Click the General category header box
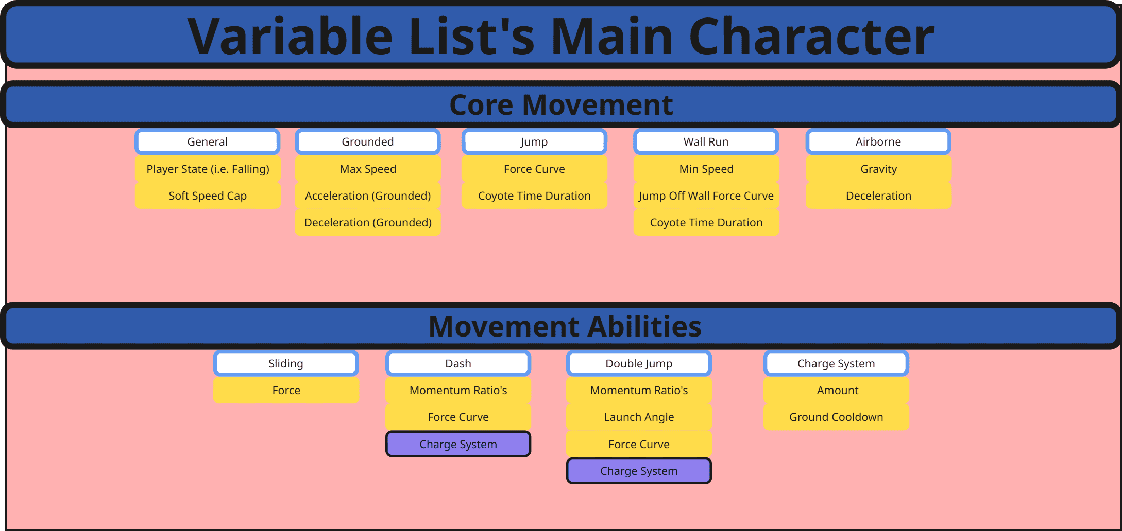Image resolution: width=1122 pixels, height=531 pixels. pyautogui.click(x=207, y=141)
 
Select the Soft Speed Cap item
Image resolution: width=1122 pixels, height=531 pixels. pyautogui.click(x=207, y=196)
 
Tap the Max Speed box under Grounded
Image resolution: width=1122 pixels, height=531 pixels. pyautogui.click(x=368, y=169)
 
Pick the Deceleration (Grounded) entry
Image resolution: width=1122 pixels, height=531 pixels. pyautogui.click(x=368, y=222)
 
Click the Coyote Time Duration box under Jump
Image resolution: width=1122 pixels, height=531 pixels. pyautogui.click(x=534, y=196)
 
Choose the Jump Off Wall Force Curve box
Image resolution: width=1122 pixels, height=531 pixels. pyautogui.click(x=706, y=196)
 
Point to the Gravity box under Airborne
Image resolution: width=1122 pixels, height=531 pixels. pyautogui.click(x=878, y=169)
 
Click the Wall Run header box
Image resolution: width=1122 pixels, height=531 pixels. pyautogui.click(x=706, y=141)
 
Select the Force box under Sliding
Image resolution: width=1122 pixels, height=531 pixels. pyautogui.click(x=286, y=390)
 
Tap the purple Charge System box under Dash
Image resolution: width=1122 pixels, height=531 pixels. pyautogui.click(x=458, y=444)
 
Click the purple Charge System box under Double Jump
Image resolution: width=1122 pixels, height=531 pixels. pyautogui.click(x=639, y=471)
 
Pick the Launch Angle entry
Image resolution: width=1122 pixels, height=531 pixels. pyautogui.click(x=639, y=417)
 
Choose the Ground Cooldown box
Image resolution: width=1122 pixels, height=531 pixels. pyautogui.click(x=836, y=417)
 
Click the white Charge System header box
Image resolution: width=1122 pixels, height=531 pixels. pyautogui.click(x=836, y=363)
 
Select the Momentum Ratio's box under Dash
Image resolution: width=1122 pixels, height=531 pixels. pyautogui.click(x=458, y=390)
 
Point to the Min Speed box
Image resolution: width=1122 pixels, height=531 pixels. pyautogui.click(x=706, y=169)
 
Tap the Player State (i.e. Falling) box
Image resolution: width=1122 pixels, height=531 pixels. pyautogui.click(x=207, y=169)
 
